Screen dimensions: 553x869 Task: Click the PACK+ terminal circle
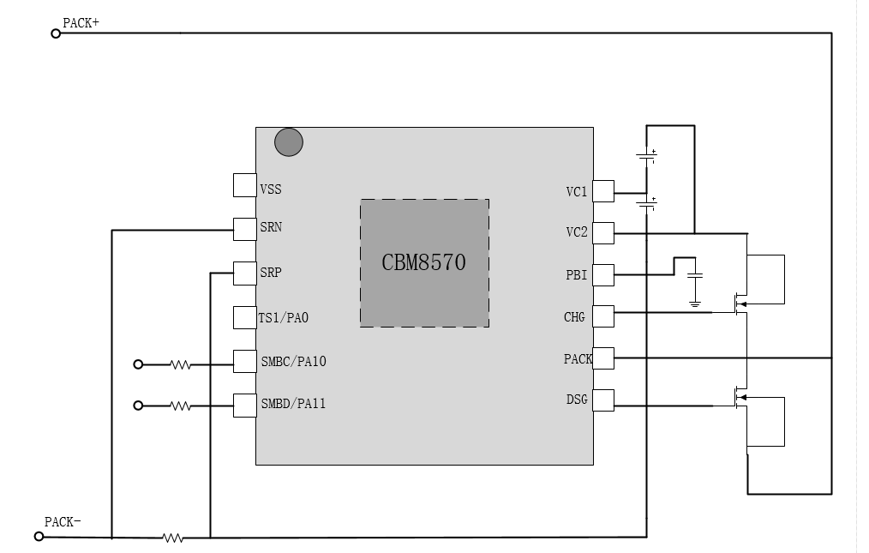tap(56, 33)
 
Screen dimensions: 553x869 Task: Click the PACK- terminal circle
tap(39, 537)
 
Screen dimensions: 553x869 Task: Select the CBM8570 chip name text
tap(423, 262)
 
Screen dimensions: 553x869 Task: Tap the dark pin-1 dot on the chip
tap(289, 142)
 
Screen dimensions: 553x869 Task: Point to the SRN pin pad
tap(244, 228)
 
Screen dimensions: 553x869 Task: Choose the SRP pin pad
tap(244, 273)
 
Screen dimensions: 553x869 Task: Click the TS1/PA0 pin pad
tap(244, 317)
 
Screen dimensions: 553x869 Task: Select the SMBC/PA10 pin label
tap(293, 362)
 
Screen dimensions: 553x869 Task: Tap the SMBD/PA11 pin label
tap(293, 404)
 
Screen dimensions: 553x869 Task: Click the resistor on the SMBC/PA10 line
tap(180, 364)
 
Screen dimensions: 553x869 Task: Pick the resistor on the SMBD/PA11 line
tap(180, 406)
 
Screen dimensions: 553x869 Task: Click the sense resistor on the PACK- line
tap(173, 538)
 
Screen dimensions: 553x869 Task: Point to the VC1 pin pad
tap(603, 191)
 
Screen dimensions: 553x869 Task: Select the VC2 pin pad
tap(603, 232)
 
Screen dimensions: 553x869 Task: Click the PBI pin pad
tap(603, 274)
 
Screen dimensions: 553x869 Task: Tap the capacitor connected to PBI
tap(695, 276)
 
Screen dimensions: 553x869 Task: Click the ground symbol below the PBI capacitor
tap(695, 303)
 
